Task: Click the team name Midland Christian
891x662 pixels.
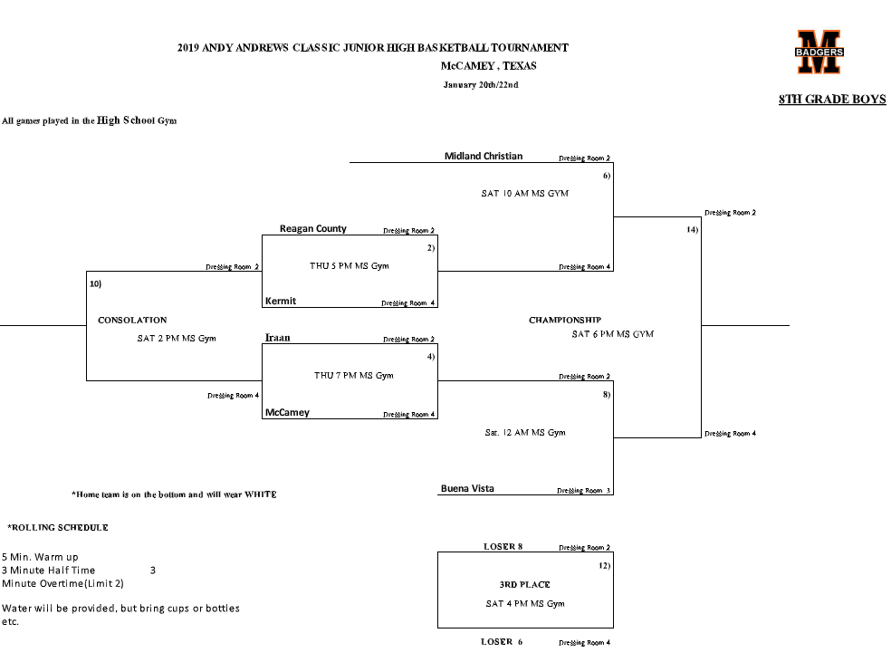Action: click(x=483, y=156)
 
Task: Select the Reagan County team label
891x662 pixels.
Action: click(x=312, y=229)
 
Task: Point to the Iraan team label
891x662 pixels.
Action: click(x=277, y=338)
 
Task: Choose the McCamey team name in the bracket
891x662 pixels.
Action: click(x=287, y=413)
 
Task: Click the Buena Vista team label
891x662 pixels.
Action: click(x=467, y=489)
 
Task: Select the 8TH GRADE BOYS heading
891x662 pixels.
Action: click(x=831, y=100)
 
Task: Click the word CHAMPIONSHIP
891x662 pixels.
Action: click(x=565, y=320)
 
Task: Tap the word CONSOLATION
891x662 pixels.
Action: click(x=132, y=320)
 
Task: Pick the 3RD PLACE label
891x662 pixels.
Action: click(x=524, y=584)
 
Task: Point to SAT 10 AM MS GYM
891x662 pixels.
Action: click(x=524, y=194)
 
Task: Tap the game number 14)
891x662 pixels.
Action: click(x=692, y=230)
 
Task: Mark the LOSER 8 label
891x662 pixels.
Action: click(x=503, y=547)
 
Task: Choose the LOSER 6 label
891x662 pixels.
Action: click(x=502, y=642)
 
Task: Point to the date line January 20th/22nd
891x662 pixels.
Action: click(x=480, y=85)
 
